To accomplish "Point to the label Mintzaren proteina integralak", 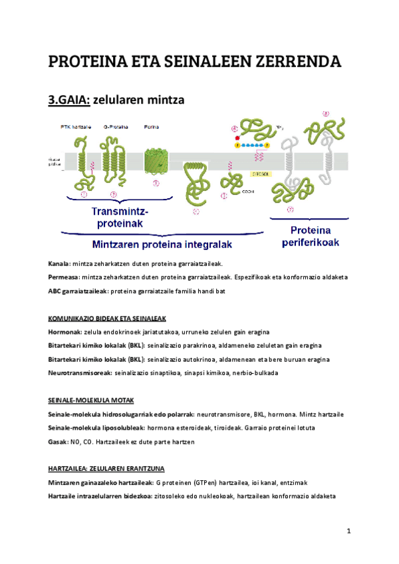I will pyautogui.click(x=162, y=244).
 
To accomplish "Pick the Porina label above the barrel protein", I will pyautogui.click(x=152, y=125).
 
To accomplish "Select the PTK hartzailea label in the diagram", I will pyautogui.click(x=74, y=125).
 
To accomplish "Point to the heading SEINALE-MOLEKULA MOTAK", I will pyautogui.click(x=91, y=400).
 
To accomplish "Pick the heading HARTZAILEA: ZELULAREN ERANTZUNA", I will pyautogui.click(x=106, y=469).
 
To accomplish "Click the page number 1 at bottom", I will pyautogui.click(x=348, y=531).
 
